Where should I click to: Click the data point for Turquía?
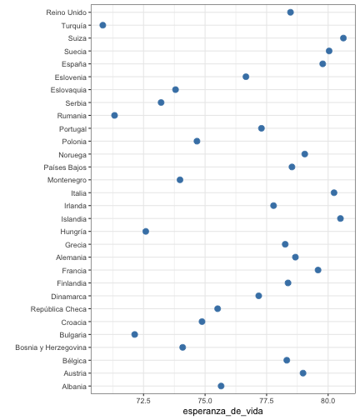[x=102, y=25]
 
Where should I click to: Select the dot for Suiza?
[x=343, y=38]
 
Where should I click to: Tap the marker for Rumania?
[x=114, y=115]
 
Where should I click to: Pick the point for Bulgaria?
[x=135, y=334]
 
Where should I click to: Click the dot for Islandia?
[x=340, y=218]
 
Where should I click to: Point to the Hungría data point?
[x=146, y=232]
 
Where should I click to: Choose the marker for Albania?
[x=221, y=386]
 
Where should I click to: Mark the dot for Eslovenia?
[x=246, y=77]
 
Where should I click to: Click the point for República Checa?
[x=217, y=308]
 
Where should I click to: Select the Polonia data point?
[x=197, y=141]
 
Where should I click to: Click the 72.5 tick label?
[x=143, y=401]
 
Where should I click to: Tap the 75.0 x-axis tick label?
[x=205, y=401]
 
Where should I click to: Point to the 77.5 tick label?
[x=267, y=401]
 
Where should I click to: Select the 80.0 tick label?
[x=328, y=401]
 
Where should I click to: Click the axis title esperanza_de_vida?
[x=222, y=412]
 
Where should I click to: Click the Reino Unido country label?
[x=67, y=12]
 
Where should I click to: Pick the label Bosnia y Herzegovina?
[x=51, y=347]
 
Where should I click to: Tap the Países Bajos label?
[x=65, y=167]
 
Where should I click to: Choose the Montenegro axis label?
[x=67, y=180]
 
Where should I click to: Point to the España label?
[x=74, y=64]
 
